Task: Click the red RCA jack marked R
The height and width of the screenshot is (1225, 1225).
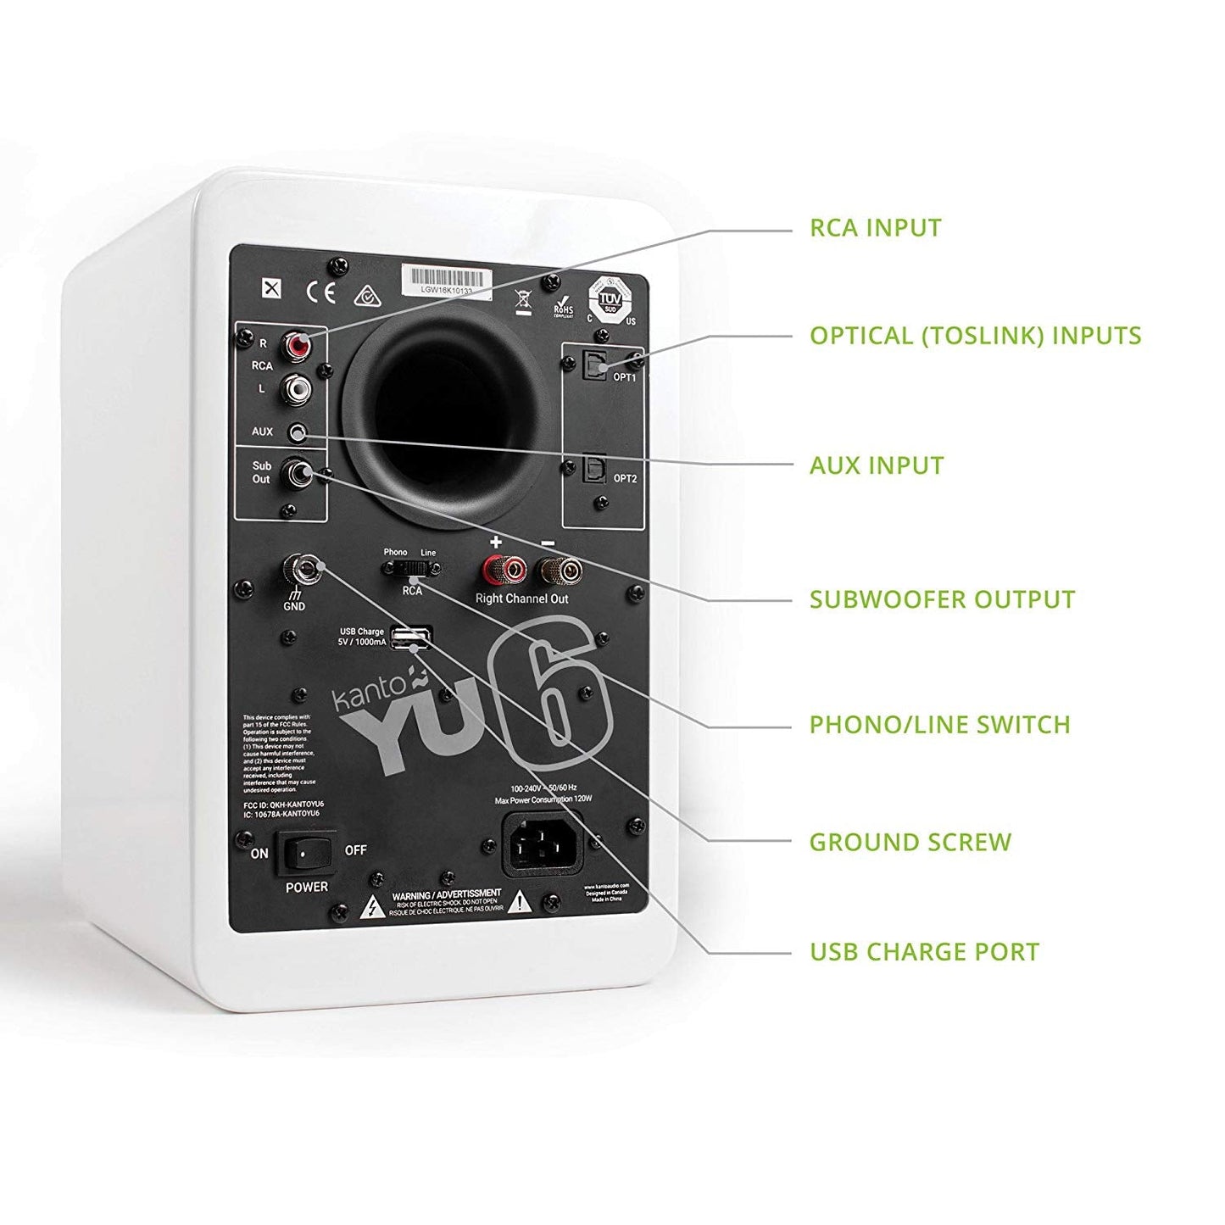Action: (x=298, y=346)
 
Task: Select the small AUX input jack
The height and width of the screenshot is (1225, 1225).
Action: (x=297, y=433)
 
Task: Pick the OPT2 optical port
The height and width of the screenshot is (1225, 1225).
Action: (x=593, y=467)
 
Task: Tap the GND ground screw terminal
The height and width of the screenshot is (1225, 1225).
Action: (x=302, y=567)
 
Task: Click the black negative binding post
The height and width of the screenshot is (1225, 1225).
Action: (x=558, y=570)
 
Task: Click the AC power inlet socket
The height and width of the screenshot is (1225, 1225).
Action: (x=543, y=844)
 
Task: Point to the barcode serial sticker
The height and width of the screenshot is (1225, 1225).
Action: (x=447, y=279)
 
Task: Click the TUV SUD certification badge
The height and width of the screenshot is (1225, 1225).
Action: (x=610, y=298)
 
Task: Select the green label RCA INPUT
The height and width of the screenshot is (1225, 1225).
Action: (x=876, y=228)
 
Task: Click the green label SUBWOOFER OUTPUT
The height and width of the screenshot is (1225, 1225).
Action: (x=942, y=599)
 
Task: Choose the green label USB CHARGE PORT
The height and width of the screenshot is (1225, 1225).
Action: (x=924, y=952)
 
